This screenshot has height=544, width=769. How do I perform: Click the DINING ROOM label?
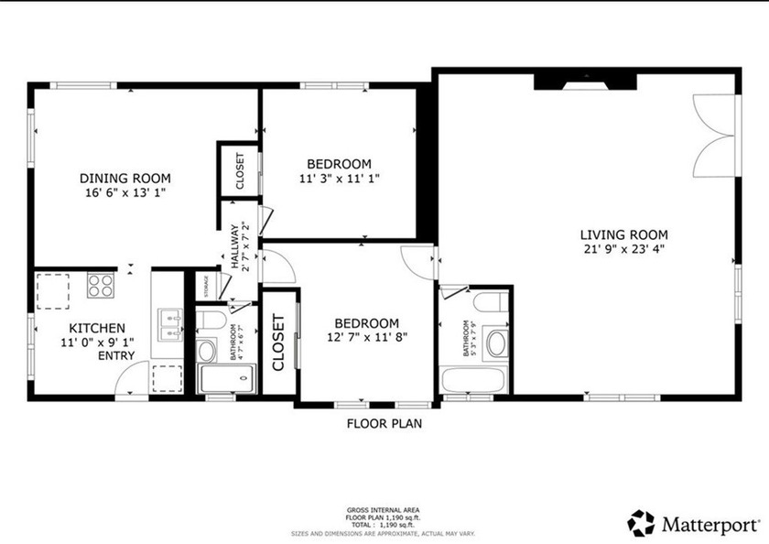click(125, 179)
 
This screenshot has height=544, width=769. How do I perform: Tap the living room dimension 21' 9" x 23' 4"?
click(623, 248)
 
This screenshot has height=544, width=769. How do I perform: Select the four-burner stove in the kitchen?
click(100, 286)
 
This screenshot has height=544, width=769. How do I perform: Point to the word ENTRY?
click(115, 356)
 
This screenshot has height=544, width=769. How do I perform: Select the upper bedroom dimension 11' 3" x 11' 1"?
click(339, 179)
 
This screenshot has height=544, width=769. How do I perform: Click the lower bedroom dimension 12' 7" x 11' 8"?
click(366, 337)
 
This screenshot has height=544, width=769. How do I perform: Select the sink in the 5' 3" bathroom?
click(497, 344)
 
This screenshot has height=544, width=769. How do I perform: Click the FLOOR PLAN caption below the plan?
click(384, 424)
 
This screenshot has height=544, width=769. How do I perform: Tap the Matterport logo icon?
click(641, 524)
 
